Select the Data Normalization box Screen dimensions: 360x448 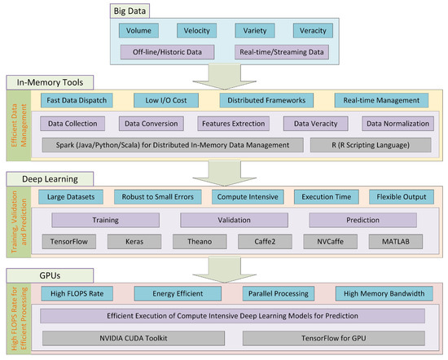(397, 124)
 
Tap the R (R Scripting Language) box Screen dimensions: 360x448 (361, 145)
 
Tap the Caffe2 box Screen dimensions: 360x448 (264, 241)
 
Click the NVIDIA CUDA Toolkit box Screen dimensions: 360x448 (130, 336)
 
